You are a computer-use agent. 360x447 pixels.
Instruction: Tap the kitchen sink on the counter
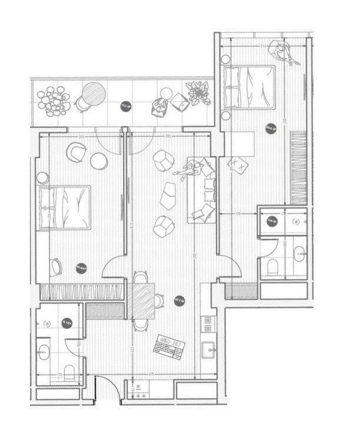(208, 349)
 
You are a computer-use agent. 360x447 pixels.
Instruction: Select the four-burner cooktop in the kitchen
(208, 322)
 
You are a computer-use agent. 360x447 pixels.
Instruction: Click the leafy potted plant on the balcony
(199, 92)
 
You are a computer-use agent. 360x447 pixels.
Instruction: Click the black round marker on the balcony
(125, 106)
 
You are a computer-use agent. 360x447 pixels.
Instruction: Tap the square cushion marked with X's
(238, 164)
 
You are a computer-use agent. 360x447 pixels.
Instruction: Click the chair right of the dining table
(159, 301)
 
